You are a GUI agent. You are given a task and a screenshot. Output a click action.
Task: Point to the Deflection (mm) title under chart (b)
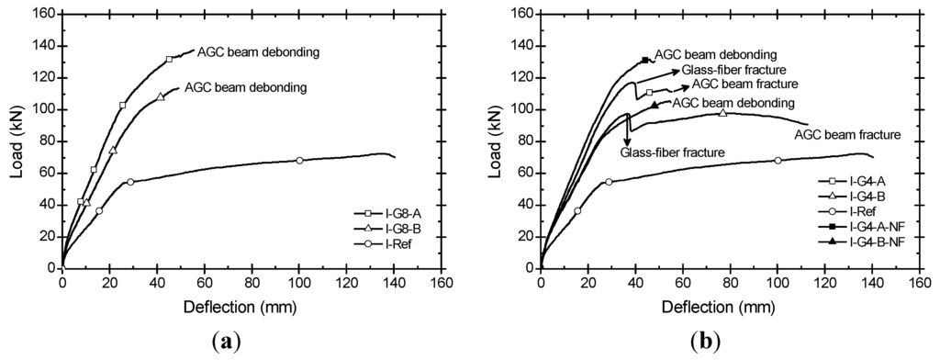729,307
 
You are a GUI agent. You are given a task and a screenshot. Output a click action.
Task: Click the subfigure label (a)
225,343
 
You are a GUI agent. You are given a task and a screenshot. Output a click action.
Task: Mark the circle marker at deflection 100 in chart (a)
299,161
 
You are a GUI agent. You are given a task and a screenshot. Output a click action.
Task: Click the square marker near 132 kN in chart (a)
169,60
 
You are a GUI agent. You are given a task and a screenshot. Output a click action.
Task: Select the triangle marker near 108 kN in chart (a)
161,96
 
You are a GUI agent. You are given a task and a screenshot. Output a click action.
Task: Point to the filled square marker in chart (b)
645,60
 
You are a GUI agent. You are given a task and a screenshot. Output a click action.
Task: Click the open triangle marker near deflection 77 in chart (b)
722,113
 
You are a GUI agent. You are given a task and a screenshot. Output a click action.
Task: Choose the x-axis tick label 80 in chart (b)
729,282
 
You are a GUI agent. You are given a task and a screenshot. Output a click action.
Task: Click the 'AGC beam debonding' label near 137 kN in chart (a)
258,52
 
